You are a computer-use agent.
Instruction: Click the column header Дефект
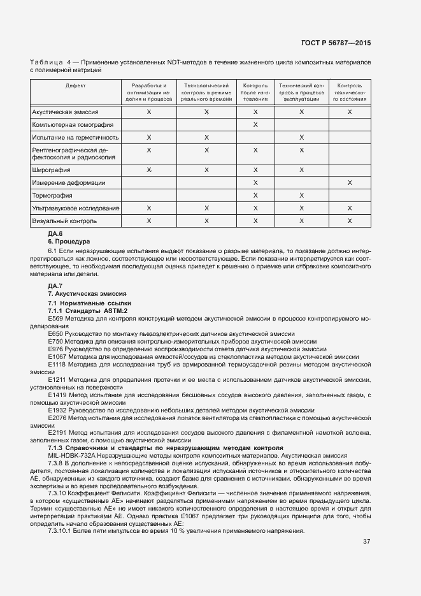[75, 85]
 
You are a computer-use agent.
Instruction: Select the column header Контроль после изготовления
[255, 92]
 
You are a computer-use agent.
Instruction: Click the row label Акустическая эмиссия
[64, 112]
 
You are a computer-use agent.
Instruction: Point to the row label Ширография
[50, 170]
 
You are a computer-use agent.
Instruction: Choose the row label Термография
[52, 196]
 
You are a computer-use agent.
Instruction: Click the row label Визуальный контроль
[64, 221]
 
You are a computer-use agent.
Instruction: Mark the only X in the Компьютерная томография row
[255, 125]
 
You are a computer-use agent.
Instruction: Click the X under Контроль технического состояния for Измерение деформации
[350, 183]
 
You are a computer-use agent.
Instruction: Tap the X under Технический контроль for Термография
[301, 196]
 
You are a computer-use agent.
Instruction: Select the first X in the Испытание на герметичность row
[149, 138]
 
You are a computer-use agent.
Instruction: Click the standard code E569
[56, 318]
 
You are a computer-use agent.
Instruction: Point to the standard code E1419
[57, 395]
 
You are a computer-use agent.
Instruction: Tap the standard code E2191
[57, 433]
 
